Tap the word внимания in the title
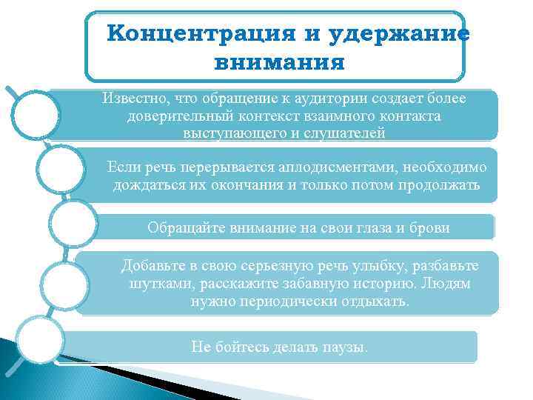point(279,62)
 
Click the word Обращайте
point(182,227)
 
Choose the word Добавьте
point(153,266)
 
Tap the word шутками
point(153,284)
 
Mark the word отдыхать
point(375,301)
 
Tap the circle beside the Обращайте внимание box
point(73,223)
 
